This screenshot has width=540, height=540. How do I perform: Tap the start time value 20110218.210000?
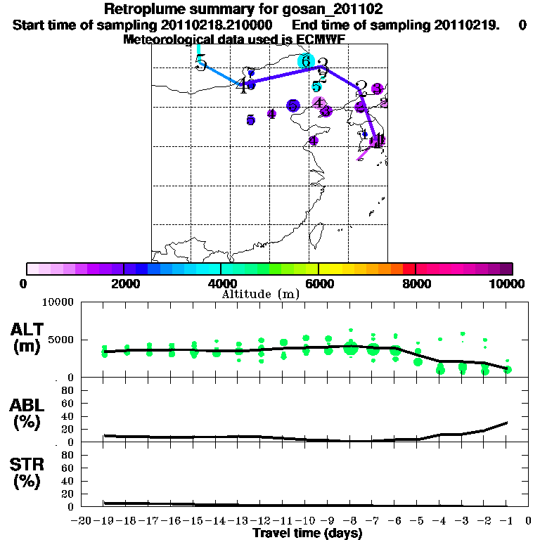pyautogui.click(x=222, y=25)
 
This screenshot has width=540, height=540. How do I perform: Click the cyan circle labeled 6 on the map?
pyautogui.click(x=305, y=61)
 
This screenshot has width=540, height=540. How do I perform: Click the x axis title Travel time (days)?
pyautogui.click(x=307, y=533)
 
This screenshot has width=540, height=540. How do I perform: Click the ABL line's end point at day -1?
pyautogui.click(x=508, y=423)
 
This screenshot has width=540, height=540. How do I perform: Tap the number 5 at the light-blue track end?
pyautogui.click(x=201, y=64)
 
